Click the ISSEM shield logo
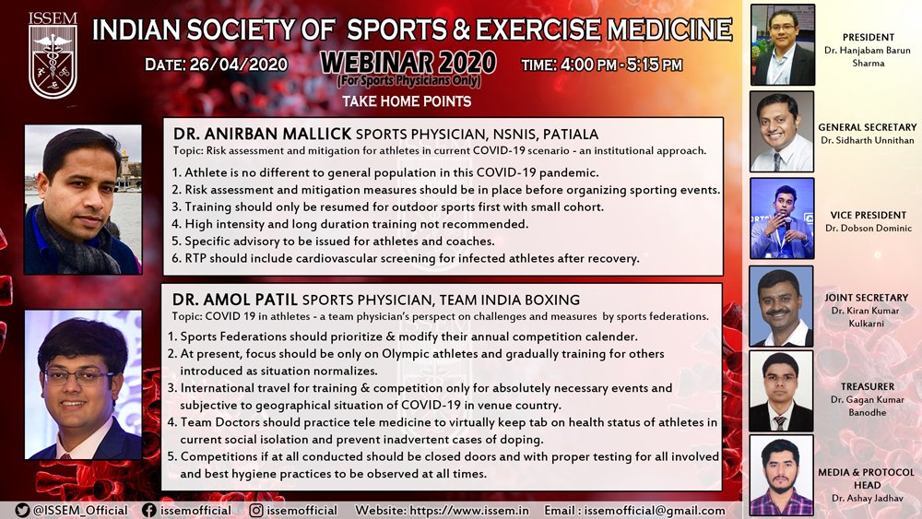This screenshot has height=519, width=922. (53, 55)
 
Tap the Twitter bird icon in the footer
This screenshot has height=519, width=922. (22, 510)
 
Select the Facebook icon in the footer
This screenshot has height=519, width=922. (149, 510)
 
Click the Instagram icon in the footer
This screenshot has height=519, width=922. (256, 510)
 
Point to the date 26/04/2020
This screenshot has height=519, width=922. (239, 64)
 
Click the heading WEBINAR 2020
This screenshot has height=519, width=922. (408, 63)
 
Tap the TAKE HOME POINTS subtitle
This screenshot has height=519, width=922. (407, 101)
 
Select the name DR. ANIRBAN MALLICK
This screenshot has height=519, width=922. (262, 134)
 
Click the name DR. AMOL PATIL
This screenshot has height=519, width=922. (234, 300)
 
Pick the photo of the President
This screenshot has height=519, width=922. (783, 44)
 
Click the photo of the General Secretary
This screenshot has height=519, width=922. (782, 131)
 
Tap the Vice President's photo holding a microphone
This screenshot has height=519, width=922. (782, 218)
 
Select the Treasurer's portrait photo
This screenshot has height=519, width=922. (781, 392)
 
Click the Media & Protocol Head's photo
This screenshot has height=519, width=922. (782, 476)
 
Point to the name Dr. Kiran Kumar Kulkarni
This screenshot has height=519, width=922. (866, 317)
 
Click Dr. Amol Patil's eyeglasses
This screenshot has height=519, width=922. (78, 377)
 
